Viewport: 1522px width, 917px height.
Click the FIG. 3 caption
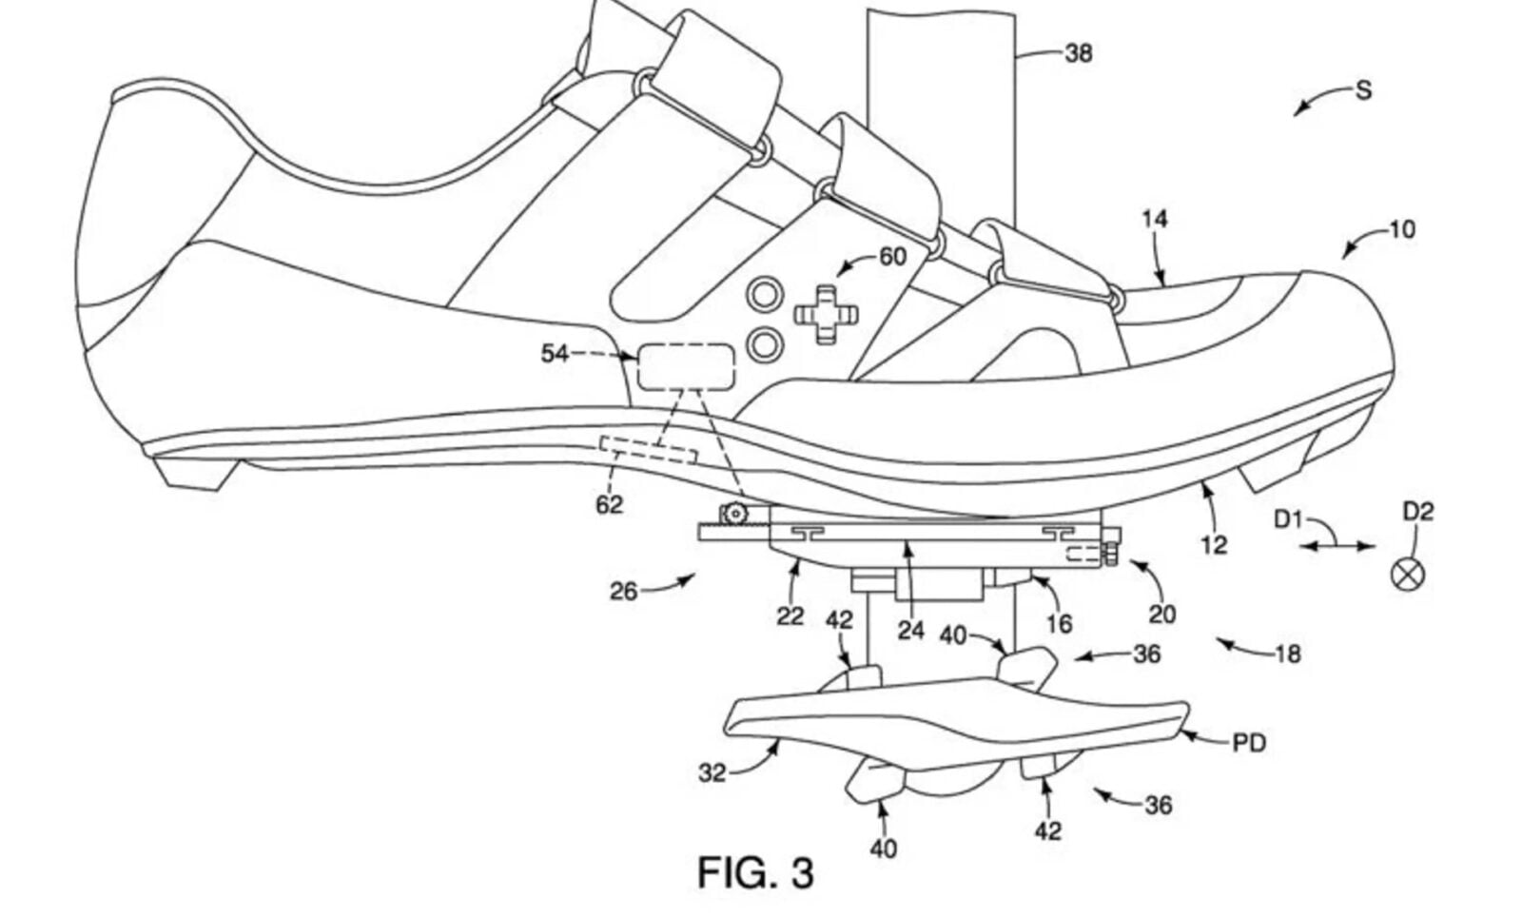755,872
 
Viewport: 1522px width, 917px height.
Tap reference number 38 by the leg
1078,54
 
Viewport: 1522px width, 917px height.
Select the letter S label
1363,91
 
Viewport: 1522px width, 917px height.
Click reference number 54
554,354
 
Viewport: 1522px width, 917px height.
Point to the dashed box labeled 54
685,366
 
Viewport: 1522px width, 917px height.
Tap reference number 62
609,504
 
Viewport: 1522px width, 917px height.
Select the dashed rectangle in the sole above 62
647,449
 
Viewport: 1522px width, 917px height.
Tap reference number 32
712,772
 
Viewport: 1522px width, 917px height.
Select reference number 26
623,592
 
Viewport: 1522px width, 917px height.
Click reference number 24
910,630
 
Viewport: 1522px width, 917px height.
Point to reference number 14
1154,220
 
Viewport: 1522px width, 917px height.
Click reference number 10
1402,229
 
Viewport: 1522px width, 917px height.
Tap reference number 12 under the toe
1214,544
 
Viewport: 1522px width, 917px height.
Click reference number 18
1289,654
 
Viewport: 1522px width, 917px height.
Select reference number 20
1161,614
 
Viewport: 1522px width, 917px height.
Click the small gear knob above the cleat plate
733,514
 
